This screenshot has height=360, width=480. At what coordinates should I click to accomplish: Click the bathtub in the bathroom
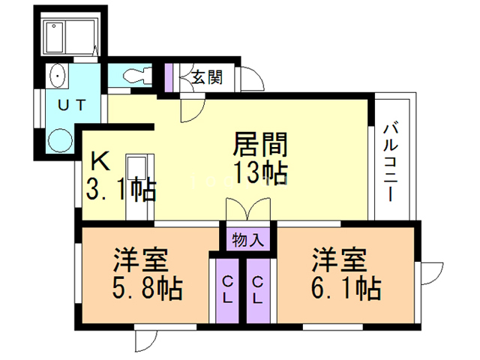(54, 37)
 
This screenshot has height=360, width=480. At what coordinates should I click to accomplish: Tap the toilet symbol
(138, 75)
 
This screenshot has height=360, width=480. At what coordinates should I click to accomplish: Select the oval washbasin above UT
(57, 76)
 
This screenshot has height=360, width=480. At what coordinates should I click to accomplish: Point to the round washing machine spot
(60, 140)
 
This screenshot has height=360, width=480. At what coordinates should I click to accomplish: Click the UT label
(72, 105)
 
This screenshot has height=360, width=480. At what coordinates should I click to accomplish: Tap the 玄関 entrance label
(207, 76)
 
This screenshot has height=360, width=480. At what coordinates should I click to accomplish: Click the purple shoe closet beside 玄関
(169, 77)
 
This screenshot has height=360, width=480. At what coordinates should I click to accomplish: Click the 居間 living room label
(260, 144)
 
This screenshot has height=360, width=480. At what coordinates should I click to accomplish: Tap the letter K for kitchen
(100, 161)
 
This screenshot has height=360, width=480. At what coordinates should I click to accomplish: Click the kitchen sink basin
(136, 167)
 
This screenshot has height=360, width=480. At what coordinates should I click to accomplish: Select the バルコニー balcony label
(391, 162)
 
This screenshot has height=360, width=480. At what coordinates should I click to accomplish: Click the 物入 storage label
(248, 240)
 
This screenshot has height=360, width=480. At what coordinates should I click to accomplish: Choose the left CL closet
(227, 290)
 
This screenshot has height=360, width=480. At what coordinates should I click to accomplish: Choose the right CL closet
(258, 290)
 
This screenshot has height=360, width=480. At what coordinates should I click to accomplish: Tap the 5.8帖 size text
(148, 288)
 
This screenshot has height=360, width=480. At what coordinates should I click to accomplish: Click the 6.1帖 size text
(346, 288)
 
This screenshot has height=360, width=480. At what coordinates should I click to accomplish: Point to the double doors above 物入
(248, 209)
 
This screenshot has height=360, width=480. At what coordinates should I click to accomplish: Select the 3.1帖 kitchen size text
(121, 190)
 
